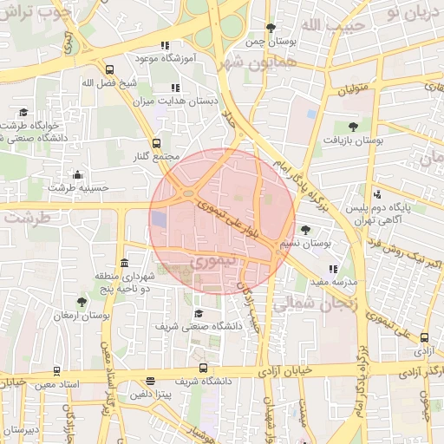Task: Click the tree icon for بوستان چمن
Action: [x=271, y=28]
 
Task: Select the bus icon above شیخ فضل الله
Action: [x=109, y=70]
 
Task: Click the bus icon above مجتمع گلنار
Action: [x=157, y=144]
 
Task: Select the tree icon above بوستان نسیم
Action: [x=305, y=230]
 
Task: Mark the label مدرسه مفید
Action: [x=333, y=282]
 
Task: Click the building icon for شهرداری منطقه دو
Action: [x=125, y=264]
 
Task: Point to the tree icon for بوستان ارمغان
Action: [x=82, y=302]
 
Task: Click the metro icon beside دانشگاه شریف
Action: [x=203, y=368]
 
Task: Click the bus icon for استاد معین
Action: [x=57, y=370]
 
